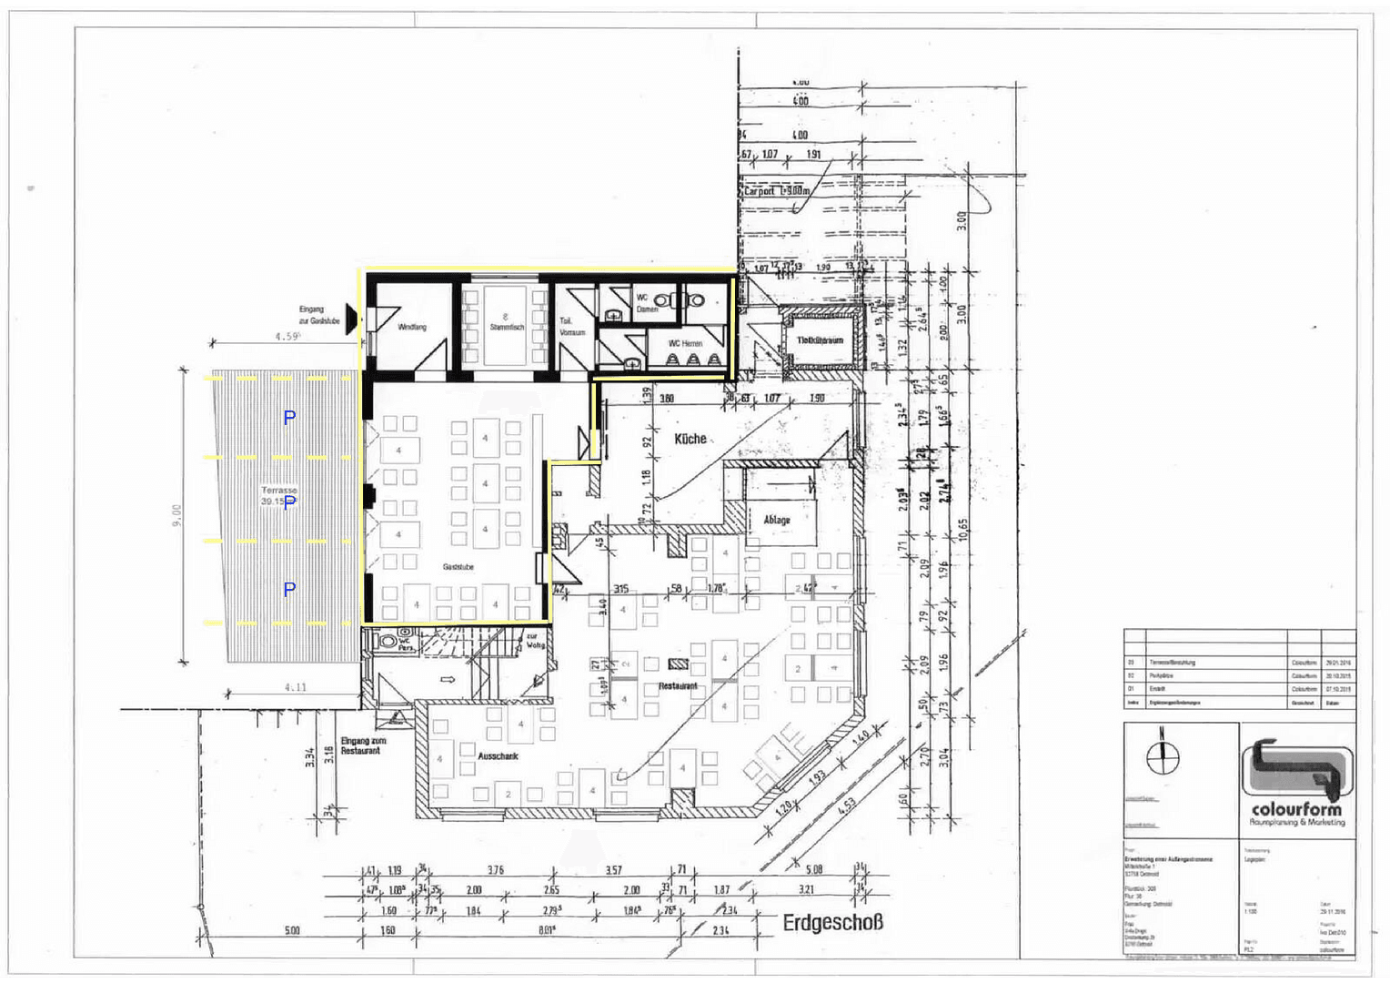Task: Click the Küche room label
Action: tap(690, 439)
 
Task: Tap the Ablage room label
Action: tap(776, 520)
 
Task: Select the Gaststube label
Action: tap(458, 567)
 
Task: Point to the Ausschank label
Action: tap(498, 756)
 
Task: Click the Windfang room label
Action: tap(412, 327)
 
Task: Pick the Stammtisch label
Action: tap(507, 326)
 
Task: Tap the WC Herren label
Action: tap(685, 343)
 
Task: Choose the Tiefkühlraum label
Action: tap(821, 340)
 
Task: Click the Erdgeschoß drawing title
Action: tap(832, 923)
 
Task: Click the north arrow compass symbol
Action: tap(1162, 754)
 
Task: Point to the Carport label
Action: tap(776, 191)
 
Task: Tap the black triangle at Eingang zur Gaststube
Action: tap(350, 321)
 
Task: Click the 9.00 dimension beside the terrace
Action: tap(177, 515)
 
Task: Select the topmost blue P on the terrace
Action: tap(289, 418)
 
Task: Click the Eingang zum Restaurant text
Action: tap(363, 746)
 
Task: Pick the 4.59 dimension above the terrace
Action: tap(287, 337)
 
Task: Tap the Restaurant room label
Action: tap(678, 686)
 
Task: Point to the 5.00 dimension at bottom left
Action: tap(291, 930)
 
